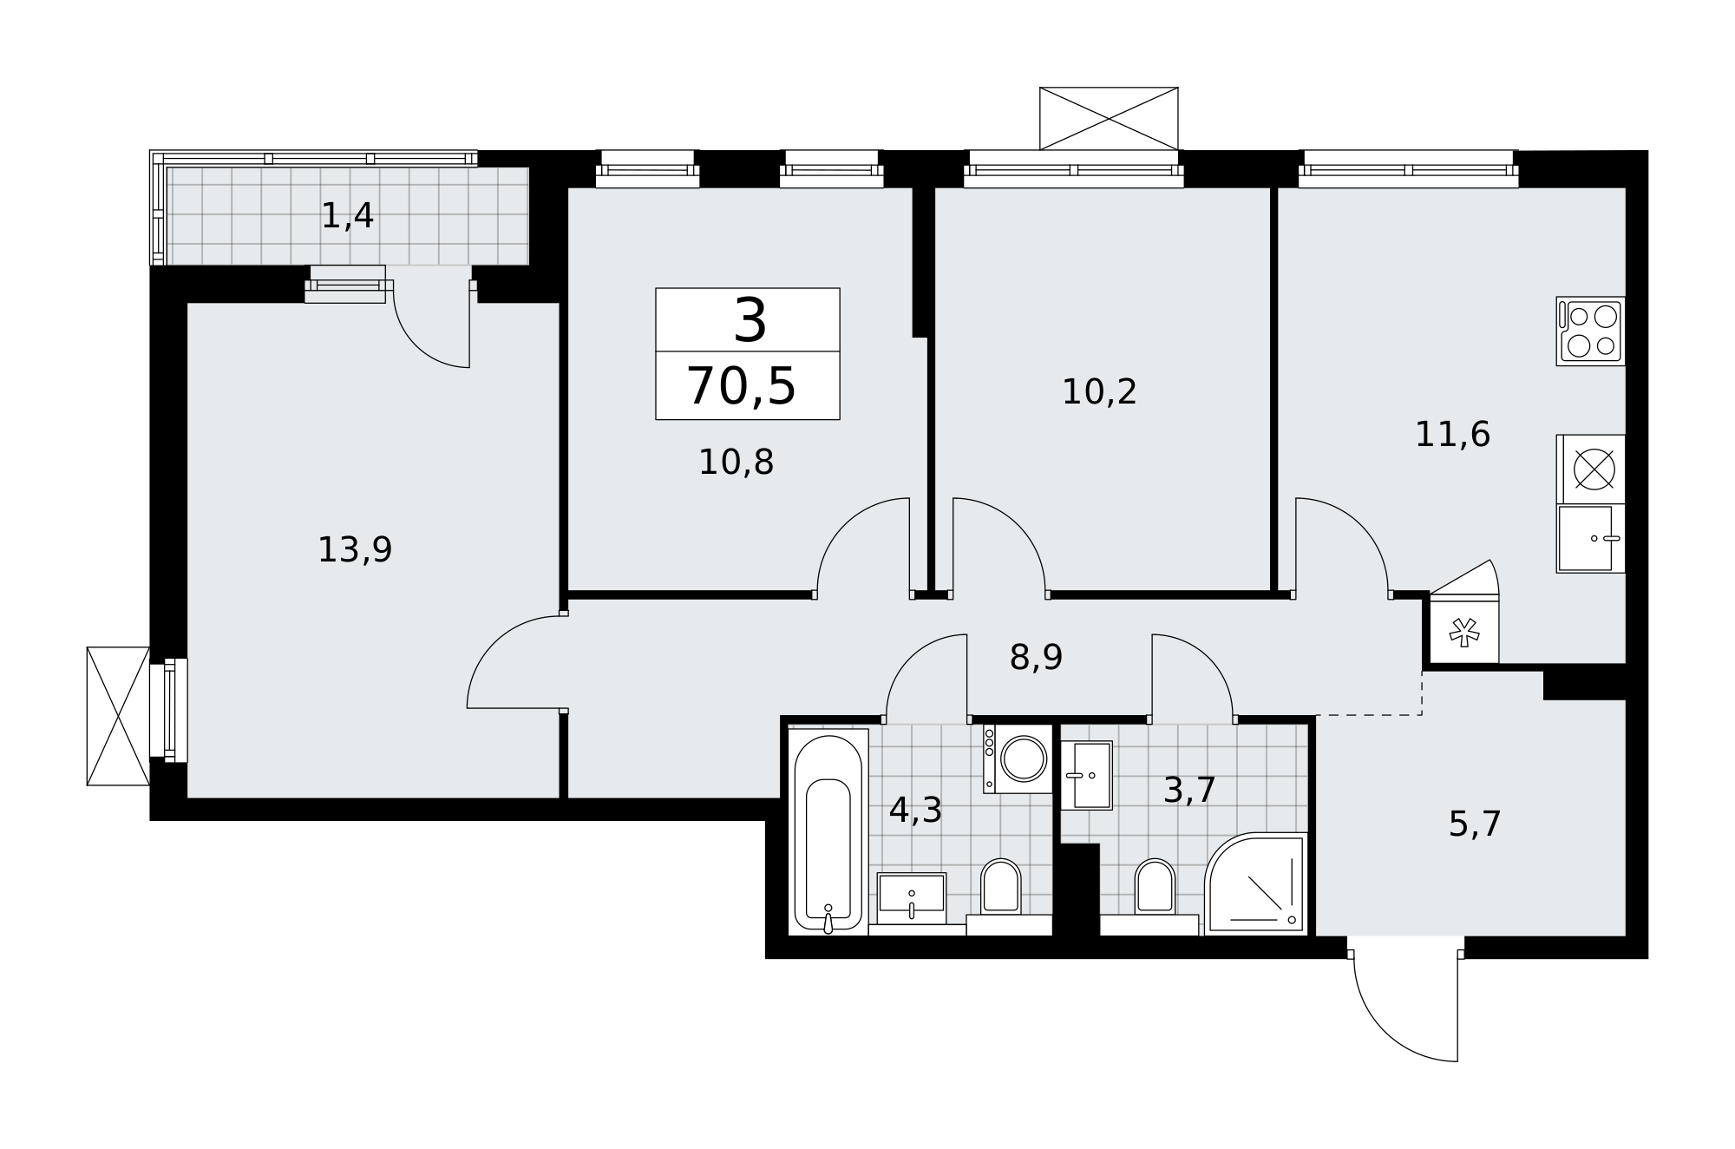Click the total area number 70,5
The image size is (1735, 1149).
pos(741,387)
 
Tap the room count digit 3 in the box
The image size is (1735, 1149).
pos(750,320)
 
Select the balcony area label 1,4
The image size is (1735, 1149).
pos(347,216)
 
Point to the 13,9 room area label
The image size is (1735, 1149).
pos(355,550)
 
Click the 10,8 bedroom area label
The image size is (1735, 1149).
pos(736,463)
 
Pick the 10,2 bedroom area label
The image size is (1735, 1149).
pos(1099,392)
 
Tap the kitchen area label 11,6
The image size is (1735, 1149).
pos(1452,435)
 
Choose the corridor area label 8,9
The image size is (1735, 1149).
pos(1036,658)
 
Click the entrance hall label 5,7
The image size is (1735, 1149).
pos(1475,824)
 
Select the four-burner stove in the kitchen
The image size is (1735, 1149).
pos(1590,331)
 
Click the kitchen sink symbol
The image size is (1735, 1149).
pos(1589,539)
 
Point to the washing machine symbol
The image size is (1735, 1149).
pos(1018,759)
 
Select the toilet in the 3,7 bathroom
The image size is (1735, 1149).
pos(1154,890)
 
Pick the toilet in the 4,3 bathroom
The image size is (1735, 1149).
pos(1000,890)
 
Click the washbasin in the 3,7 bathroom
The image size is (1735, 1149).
pos(1086,775)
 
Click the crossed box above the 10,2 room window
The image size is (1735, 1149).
pos(1109,118)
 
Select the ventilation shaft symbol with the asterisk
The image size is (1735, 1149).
pos(1464,633)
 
